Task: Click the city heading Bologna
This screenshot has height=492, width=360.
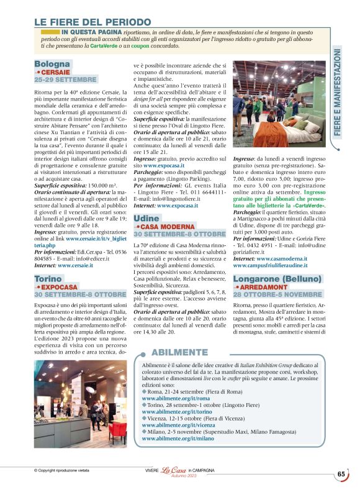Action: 52,64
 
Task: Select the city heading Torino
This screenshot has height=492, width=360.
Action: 48,279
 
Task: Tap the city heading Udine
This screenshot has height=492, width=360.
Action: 146,219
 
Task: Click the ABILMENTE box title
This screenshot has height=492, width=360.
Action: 179,352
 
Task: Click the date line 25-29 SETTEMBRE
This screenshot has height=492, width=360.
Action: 65,81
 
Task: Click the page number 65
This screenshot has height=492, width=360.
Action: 341,474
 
